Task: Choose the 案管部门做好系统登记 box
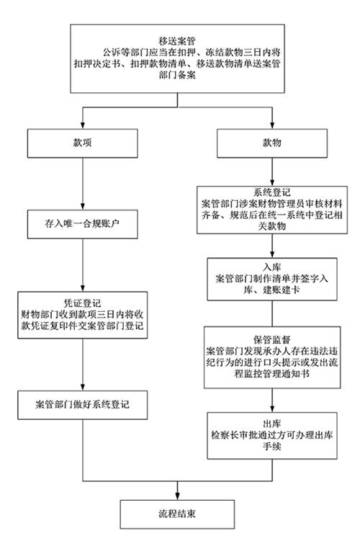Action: (x=85, y=399)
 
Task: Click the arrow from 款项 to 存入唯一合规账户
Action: (x=84, y=185)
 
